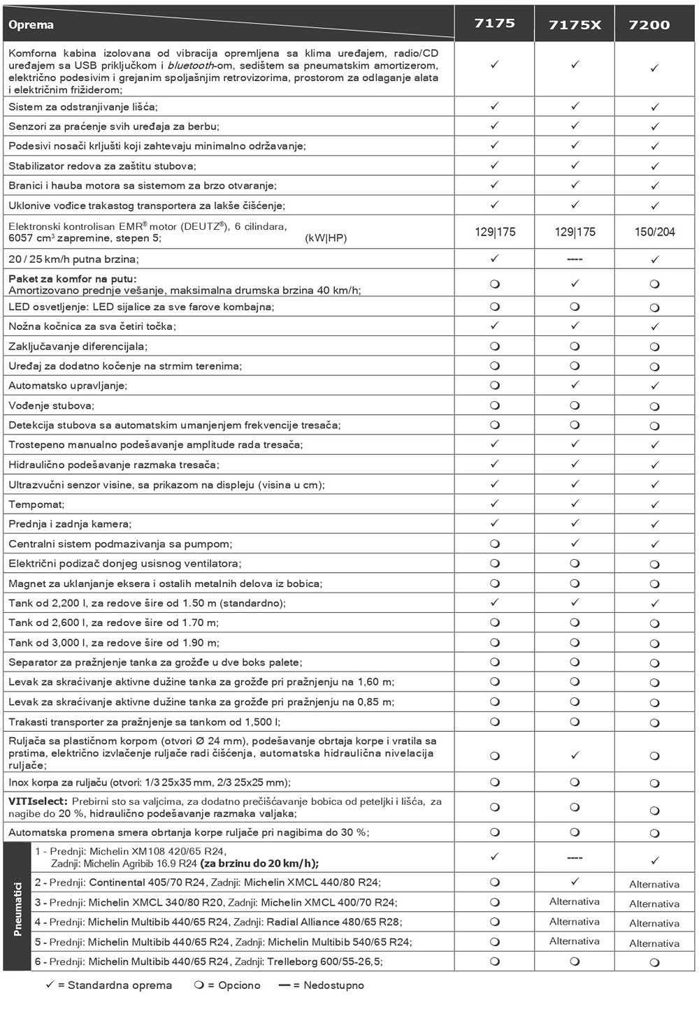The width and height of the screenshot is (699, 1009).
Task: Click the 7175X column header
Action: point(575,25)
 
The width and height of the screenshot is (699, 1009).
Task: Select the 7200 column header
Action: point(649,25)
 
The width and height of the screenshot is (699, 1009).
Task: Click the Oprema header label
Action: point(31,25)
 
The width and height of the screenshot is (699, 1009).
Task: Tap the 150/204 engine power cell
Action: point(654,232)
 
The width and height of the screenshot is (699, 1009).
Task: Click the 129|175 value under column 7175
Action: point(495,232)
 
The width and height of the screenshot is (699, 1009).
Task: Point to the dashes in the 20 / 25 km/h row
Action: point(575,259)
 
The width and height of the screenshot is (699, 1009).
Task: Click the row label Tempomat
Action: point(36,504)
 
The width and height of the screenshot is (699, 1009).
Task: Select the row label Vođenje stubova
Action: point(51,405)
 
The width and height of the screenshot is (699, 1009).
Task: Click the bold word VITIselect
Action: point(38,801)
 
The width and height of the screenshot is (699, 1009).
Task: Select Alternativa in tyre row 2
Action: point(654,884)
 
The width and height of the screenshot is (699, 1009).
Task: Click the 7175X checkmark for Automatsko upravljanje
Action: point(575,385)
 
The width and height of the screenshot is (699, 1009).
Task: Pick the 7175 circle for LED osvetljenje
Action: point(495,307)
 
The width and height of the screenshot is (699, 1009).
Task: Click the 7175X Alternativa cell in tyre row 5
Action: point(575,941)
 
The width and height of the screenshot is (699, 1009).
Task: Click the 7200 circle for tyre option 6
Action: point(654,962)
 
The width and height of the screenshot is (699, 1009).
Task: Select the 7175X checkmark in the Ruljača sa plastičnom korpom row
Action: point(575,755)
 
